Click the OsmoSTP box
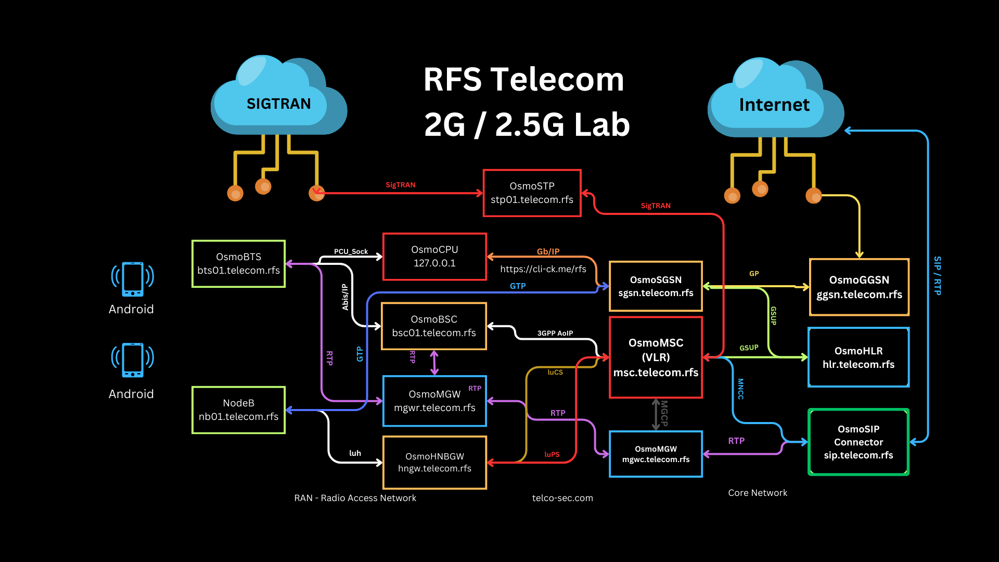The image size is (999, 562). pyautogui.click(x=532, y=193)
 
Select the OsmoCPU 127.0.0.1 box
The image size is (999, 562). pyautogui.click(x=434, y=257)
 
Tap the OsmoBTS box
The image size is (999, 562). pyautogui.click(x=238, y=264)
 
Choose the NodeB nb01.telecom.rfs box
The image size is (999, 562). pyautogui.click(x=238, y=410)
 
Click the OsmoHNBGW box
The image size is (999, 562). pyautogui.click(x=434, y=463)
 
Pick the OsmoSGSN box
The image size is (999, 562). pyautogui.click(x=656, y=286)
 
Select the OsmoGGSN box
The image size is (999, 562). pyautogui.click(x=859, y=287)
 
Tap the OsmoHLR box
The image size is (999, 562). pyautogui.click(x=859, y=357)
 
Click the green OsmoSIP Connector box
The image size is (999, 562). pyautogui.click(x=859, y=442)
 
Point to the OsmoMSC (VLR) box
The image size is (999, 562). pyautogui.click(x=656, y=357)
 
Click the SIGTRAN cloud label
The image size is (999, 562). pyautogui.click(x=278, y=104)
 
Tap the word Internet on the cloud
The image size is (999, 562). pyautogui.click(x=774, y=105)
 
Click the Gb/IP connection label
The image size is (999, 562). pyautogui.click(x=548, y=252)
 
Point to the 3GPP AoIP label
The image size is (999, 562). pyautogui.click(x=555, y=334)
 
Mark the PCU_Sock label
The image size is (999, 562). pyautogui.click(x=351, y=252)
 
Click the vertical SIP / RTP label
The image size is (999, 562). pyautogui.click(x=937, y=276)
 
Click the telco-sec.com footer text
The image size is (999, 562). pyautogui.click(x=562, y=498)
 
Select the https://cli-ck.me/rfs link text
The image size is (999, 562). pyautogui.click(x=543, y=269)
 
